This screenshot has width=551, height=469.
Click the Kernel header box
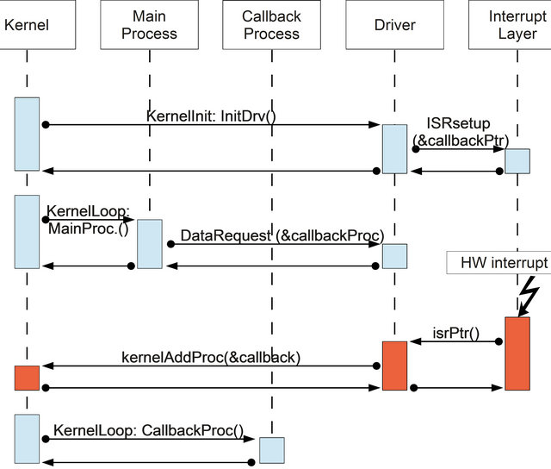click(x=27, y=26)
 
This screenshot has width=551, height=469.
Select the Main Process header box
click(x=149, y=26)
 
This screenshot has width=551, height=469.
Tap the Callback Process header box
click(x=271, y=26)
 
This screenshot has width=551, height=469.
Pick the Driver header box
click(x=394, y=26)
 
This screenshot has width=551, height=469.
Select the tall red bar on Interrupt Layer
click(x=517, y=353)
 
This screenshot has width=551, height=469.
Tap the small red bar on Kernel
click(x=27, y=378)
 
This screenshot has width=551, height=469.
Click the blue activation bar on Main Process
click(x=149, y=244)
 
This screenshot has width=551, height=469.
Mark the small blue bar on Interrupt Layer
click(x=517, y=161)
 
